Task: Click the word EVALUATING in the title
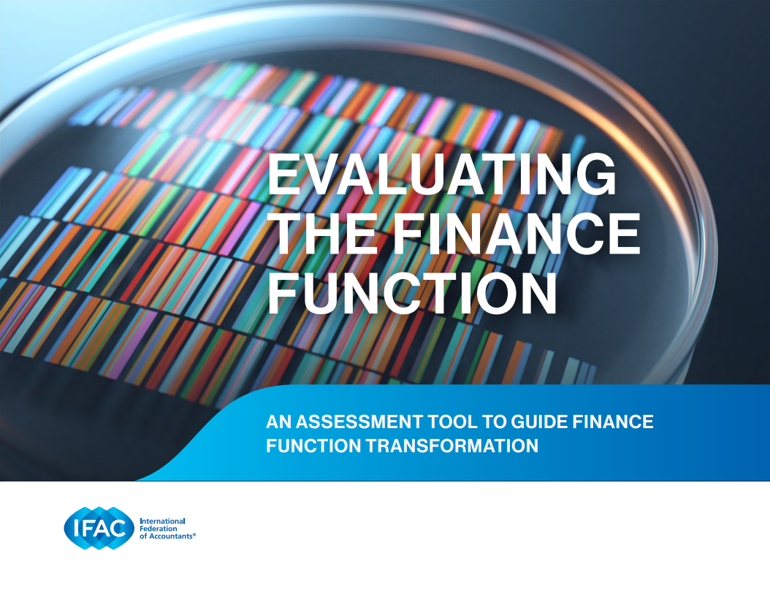tap(441, 175)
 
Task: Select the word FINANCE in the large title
tap(516, 234)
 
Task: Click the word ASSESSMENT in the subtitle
tap(359, 422)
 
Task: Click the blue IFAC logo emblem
tap(99, 528)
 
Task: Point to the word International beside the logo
tap(162, 521)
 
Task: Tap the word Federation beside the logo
tap(159, 529)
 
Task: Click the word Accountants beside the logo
tap(170, 536)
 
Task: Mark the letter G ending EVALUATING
tap(595, 175)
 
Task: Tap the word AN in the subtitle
tap(278, 422)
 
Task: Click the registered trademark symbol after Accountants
tap(194, 535)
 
